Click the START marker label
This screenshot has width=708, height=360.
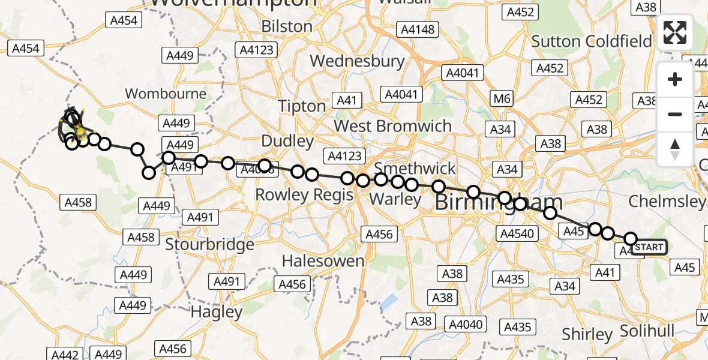[x=649, y=247]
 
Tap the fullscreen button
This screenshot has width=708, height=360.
[x=675, y=32]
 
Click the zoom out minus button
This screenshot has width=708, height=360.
[x=675, y=114]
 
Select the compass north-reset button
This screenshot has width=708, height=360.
[x=675, y=149]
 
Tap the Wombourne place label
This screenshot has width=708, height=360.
[x=166, y=94]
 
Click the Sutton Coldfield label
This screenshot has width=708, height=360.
[x=592, y=41]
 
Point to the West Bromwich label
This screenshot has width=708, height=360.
[x=392, y=126]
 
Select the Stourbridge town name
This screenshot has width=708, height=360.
[x=209, y=245]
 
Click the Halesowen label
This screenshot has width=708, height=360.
[x=323, y=261]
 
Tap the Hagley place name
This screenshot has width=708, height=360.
[x=217, y=312]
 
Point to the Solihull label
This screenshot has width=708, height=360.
[x=647, y=331]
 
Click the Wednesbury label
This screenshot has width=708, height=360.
[x=358, y=61]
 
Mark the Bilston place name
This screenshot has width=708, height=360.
[x=287, y=27]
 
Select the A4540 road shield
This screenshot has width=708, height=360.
[x=517, y=233]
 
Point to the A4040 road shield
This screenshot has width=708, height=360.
[x=465, y=325]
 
